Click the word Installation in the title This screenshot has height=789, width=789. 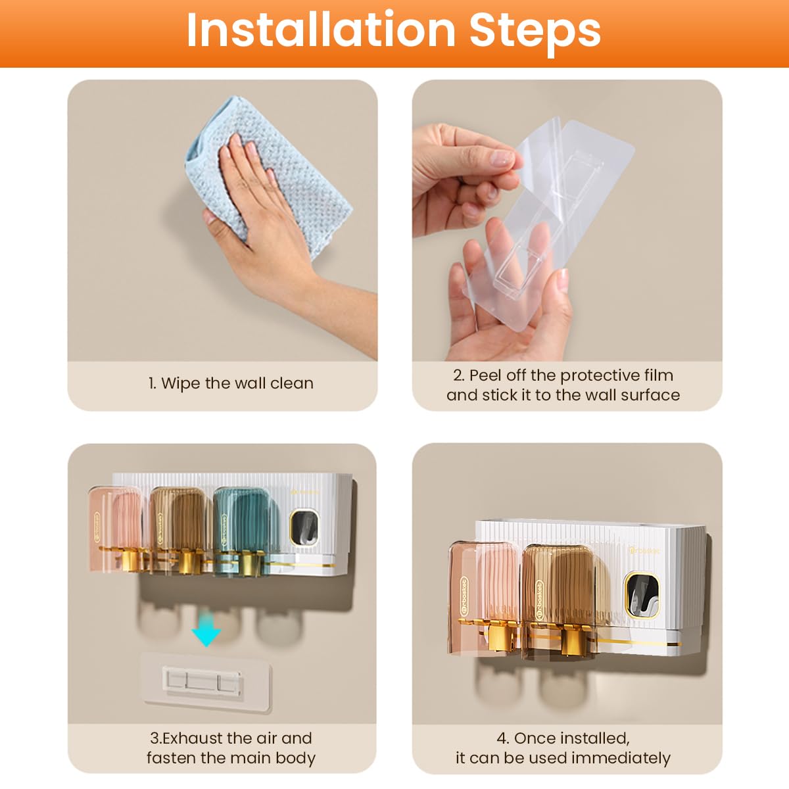321,30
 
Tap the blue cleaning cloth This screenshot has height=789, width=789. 268,172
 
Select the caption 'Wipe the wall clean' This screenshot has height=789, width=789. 231,383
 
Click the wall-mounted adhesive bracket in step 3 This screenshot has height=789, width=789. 206,682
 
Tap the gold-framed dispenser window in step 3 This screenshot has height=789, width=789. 304,527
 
